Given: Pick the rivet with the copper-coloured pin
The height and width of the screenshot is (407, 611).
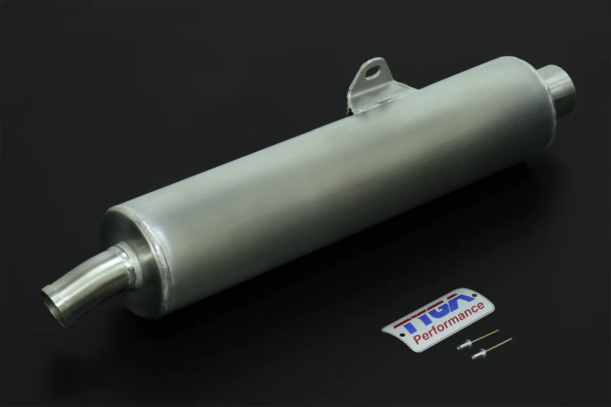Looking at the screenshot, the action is click(x=491, y=348).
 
